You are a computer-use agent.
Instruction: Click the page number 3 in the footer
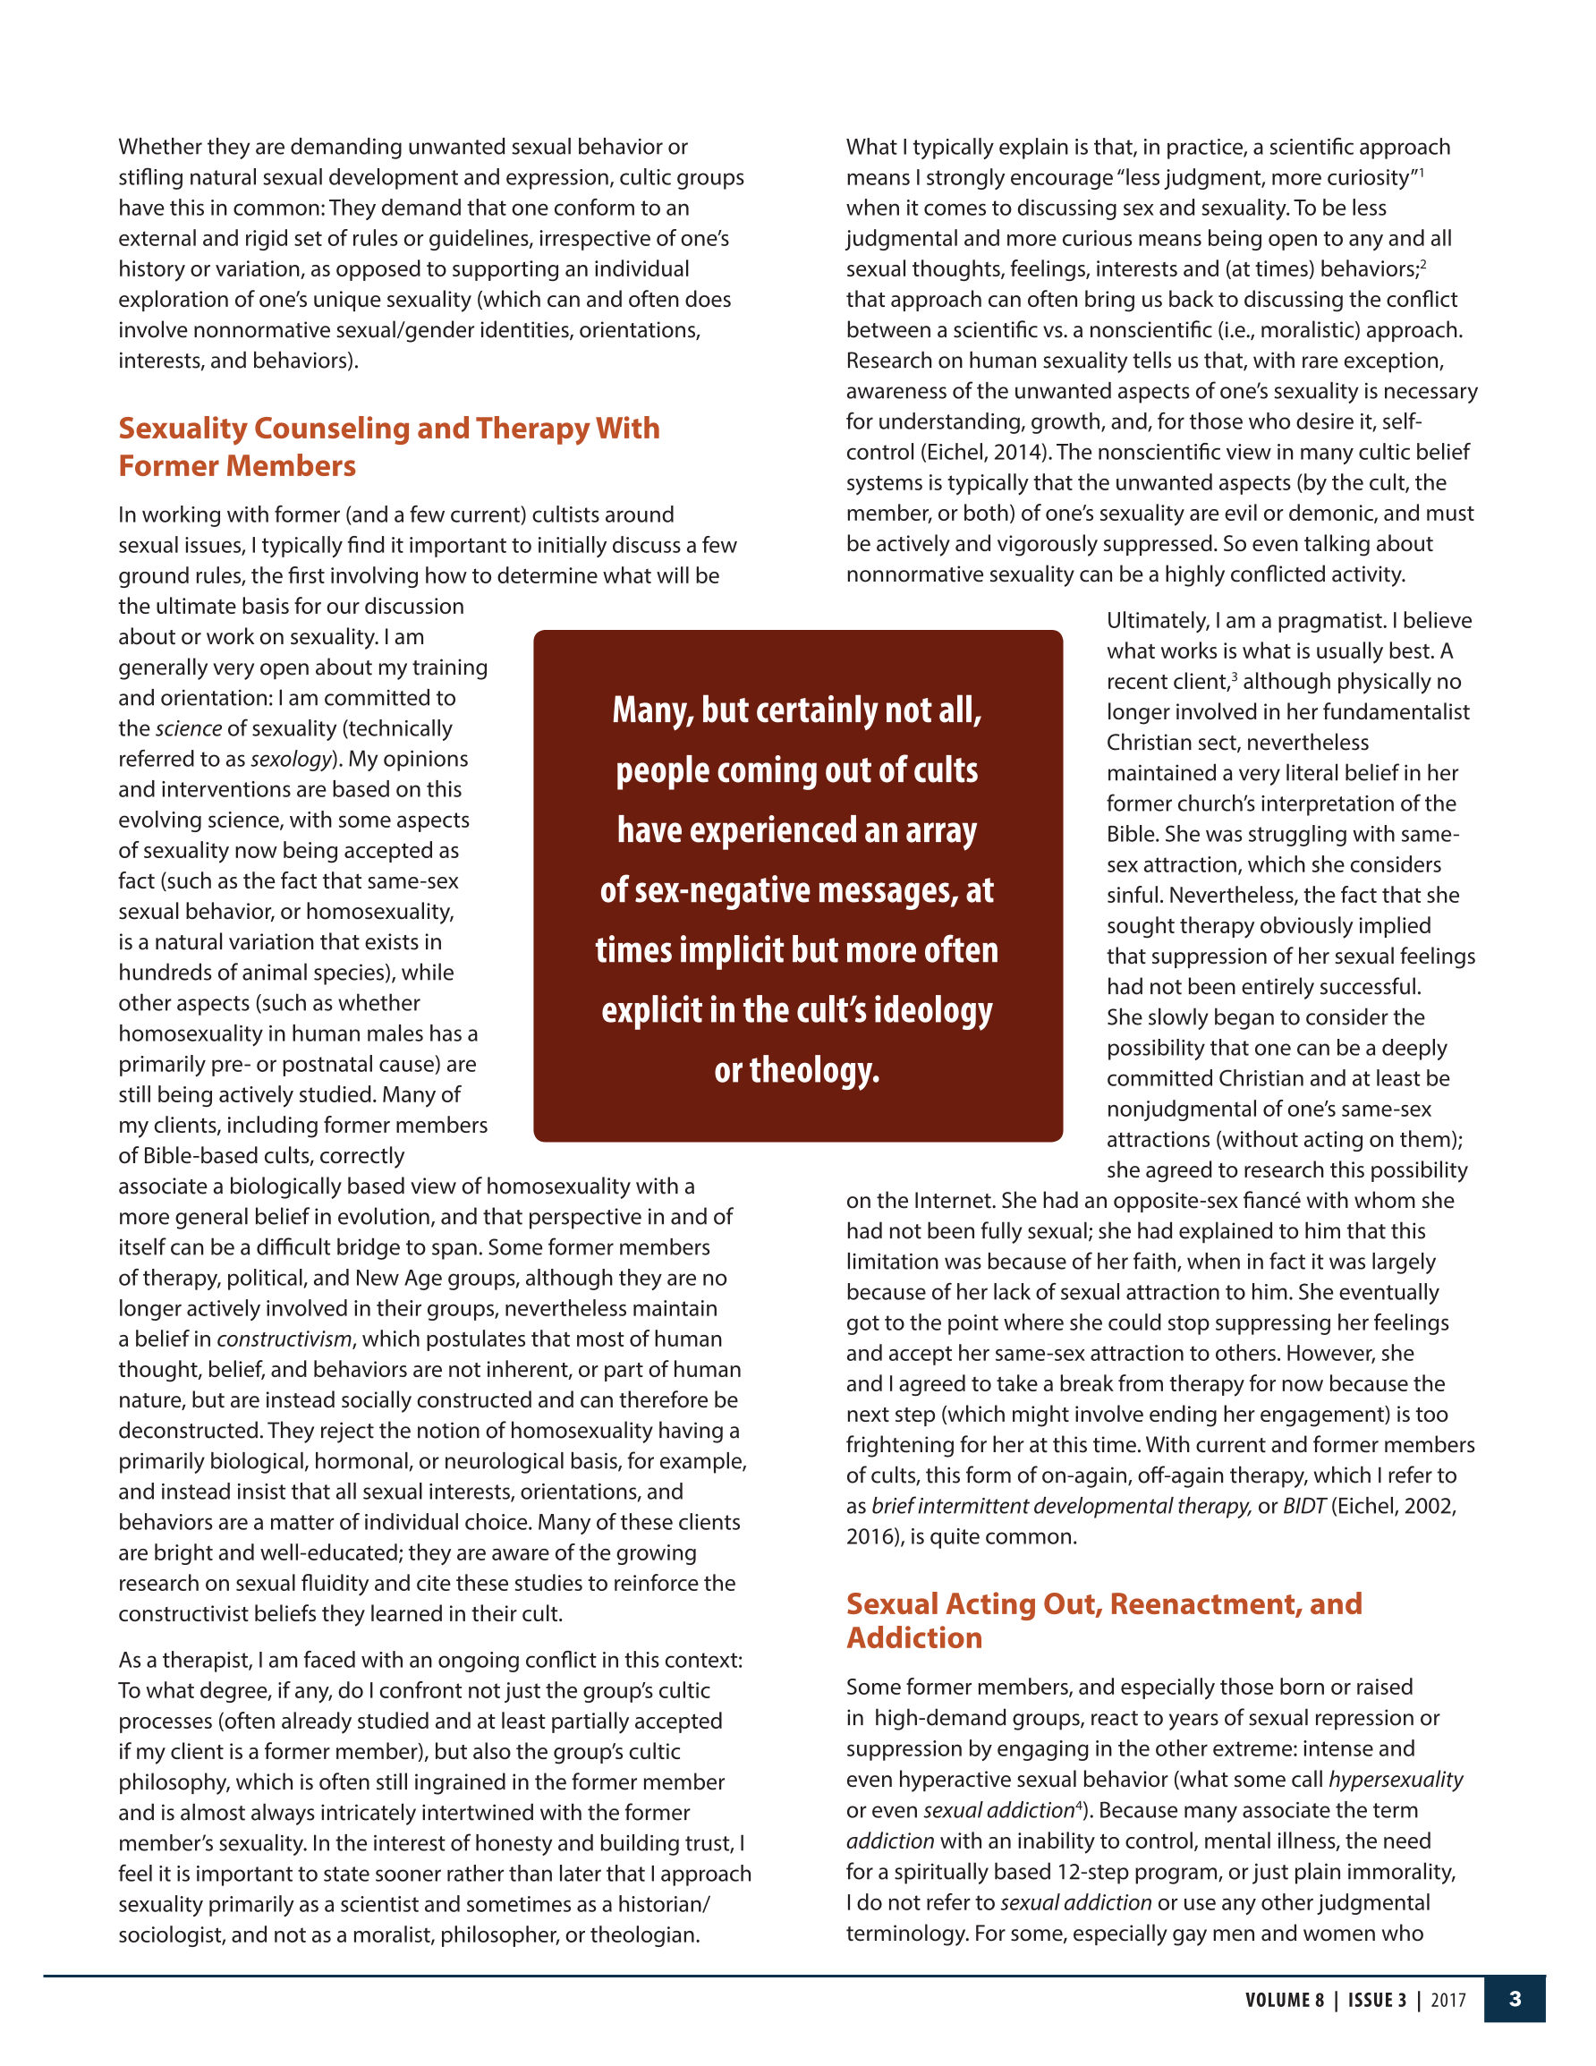(x=1514, y=1999)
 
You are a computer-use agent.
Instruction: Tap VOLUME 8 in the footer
(x=1284, y=2000)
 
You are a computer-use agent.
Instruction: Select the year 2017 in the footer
(x=1447, y=2000)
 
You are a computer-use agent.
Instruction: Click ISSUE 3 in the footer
(x=1377, y=2000)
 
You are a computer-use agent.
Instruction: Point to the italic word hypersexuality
(x=1396, y=1780)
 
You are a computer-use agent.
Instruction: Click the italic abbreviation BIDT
(x=1303, y=1506)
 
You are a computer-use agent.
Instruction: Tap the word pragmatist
(x=1336, y=621)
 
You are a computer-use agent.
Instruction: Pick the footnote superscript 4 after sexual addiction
(x=1079, y=1804)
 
